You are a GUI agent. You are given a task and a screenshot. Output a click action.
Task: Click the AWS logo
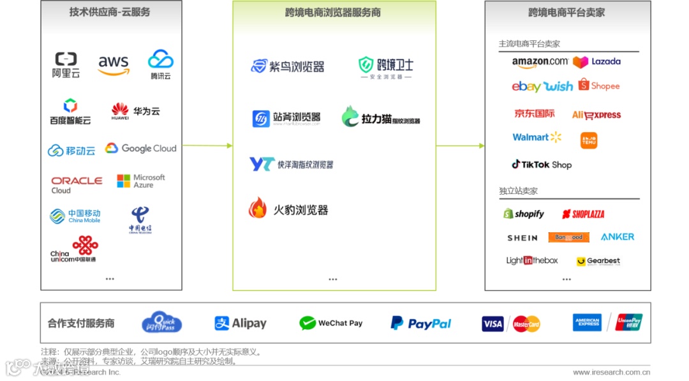click(x=114, y=64)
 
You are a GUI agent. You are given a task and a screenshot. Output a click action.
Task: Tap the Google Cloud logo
click(x=141, y=148)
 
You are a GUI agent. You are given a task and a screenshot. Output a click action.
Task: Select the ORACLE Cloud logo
click(x=77, y=184)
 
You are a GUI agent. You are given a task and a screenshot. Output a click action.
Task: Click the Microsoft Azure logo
click(x=141, y=181)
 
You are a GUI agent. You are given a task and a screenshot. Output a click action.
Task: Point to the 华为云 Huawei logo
click(x=135, y=111)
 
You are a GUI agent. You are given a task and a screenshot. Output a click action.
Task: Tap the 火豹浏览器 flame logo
click(x=258, y=208)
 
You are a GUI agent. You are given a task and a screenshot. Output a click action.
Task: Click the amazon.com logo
click(x=539, y=62)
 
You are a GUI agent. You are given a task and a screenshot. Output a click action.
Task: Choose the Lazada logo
click(x=596, y=62)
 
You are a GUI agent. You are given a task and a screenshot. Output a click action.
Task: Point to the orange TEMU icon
click(x=589, y=140)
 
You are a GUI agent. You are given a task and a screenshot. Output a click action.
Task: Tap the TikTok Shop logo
click(x=542, y=164)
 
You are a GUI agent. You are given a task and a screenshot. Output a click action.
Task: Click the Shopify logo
click(x=524, y=214)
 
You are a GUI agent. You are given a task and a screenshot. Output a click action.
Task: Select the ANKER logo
click(x=617, y=237)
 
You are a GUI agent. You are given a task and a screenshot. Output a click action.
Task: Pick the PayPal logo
click(x=421, y=324)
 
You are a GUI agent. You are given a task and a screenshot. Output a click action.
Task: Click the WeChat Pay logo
click(x=330, y=323)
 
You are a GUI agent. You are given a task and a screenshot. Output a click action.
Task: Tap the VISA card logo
click(x=493, y=324)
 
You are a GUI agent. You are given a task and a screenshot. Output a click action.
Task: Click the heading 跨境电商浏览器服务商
click(x=332, y=12)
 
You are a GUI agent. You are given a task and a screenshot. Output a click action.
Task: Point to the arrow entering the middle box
click(x=216, y=146)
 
